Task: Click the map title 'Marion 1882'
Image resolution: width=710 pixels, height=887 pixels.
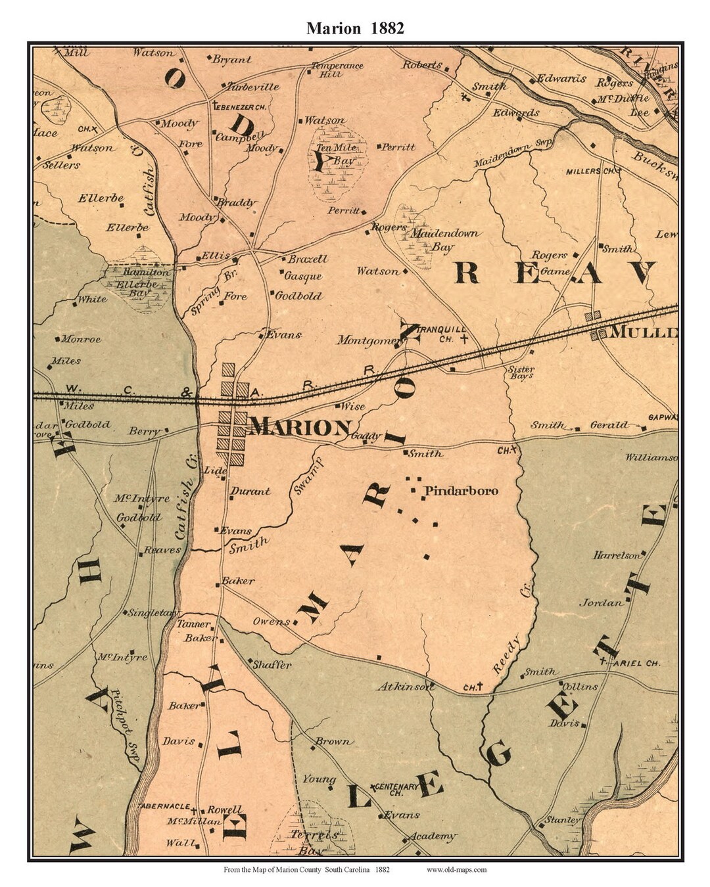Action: [x=355, y=28]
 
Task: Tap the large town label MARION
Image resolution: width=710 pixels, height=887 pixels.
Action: [x=300, y=428]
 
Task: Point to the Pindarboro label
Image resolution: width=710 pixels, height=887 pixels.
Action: [x=461, y=491]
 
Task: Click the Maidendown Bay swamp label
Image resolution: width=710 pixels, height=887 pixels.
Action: [x=444, y=240]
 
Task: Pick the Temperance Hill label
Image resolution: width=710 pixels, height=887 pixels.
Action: [x=337, y=70]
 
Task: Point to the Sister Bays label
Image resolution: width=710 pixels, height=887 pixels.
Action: [x=521, y=373]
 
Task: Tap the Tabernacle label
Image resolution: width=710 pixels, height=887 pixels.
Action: [x=164, y=806]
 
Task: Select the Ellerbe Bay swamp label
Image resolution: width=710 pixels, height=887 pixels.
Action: [x=137, y=284]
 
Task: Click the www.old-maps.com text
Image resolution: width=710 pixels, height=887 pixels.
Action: [x=456, y=869]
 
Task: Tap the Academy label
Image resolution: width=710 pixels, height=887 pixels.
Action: [x=432, y=836]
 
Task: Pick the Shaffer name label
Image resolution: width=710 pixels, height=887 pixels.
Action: [x=272, y=664]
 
